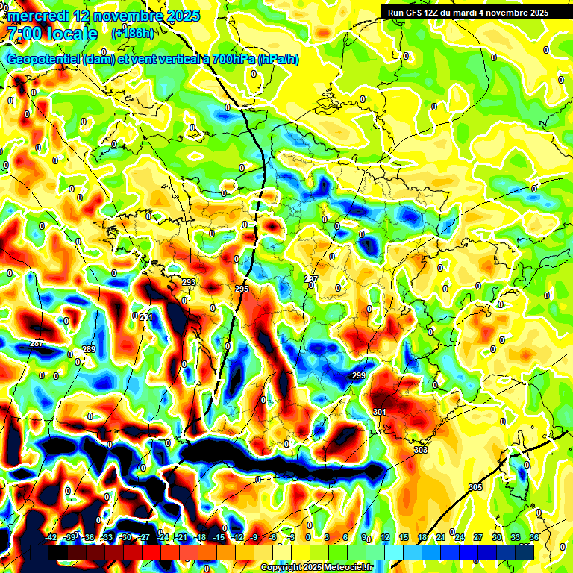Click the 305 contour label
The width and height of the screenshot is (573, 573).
point(475,487)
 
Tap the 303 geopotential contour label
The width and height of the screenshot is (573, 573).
point(421,451)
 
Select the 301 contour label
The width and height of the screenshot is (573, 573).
point(379,412)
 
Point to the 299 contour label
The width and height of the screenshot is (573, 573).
point(359,375)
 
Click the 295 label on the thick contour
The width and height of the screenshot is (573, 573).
point(242,289)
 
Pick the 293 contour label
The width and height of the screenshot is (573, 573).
point(189,282)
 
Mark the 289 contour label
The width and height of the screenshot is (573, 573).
point(89,349)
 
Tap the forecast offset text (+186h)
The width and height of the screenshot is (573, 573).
point(133,33)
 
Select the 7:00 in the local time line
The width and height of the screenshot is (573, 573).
point(25,34)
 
